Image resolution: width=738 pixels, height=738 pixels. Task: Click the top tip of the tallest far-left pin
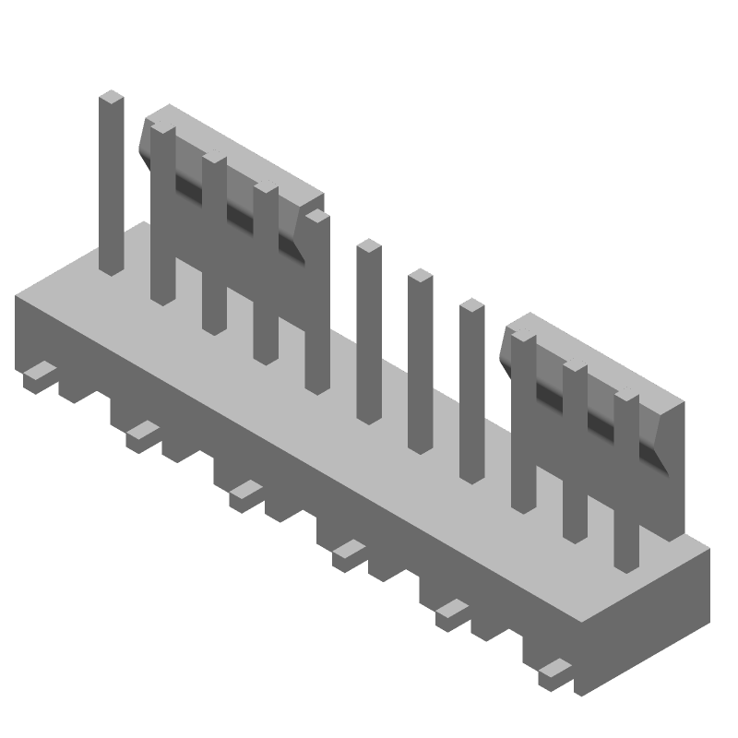point(112,96)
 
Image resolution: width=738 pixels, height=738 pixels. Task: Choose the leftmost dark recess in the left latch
point(188,189)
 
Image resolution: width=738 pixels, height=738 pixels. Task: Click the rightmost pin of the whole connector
point(627,480)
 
